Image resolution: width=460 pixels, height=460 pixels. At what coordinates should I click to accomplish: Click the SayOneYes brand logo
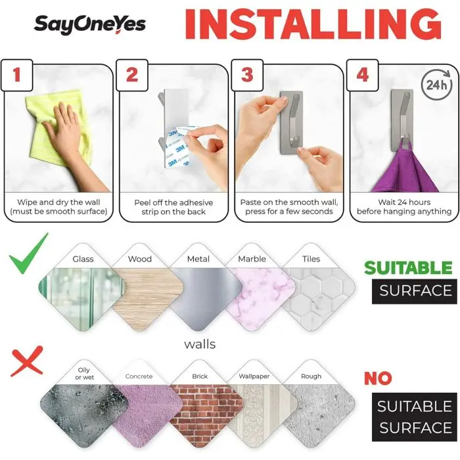click(x=90, y=24)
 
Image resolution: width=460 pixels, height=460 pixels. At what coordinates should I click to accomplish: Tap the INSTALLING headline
click(x=313, y=25)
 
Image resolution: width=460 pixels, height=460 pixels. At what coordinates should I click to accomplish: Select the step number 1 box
click(x=16, y=75)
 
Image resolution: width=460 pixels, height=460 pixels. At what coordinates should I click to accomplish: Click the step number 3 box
click(x=247, y=75)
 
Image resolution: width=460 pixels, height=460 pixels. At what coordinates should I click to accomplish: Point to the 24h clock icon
click(x=436, y=85)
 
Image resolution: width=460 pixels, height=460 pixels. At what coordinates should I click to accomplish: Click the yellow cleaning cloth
click(x=58, y=126)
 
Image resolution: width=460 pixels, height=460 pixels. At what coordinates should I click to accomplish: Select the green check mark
click(x=29, y=254)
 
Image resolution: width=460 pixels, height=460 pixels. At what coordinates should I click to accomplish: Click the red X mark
click(x=27, y=361)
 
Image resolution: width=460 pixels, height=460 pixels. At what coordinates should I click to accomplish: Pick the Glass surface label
click(x=83, y=259)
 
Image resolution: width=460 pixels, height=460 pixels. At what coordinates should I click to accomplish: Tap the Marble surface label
click(x=252, y=259)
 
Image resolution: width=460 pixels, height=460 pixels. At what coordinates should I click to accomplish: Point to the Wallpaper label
click(x=254, y=376)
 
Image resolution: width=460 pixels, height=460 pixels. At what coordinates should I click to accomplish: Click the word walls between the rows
click(x=200, y=344)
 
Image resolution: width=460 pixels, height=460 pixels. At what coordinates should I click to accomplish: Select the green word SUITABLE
click(x=408, y=268)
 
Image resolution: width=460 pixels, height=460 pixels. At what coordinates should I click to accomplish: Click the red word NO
click(x=378, y=378)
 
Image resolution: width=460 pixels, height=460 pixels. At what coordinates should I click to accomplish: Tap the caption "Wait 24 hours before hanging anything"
click(x=404, y=207)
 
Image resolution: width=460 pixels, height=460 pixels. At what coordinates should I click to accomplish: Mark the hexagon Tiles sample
click(x=318, y=298)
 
